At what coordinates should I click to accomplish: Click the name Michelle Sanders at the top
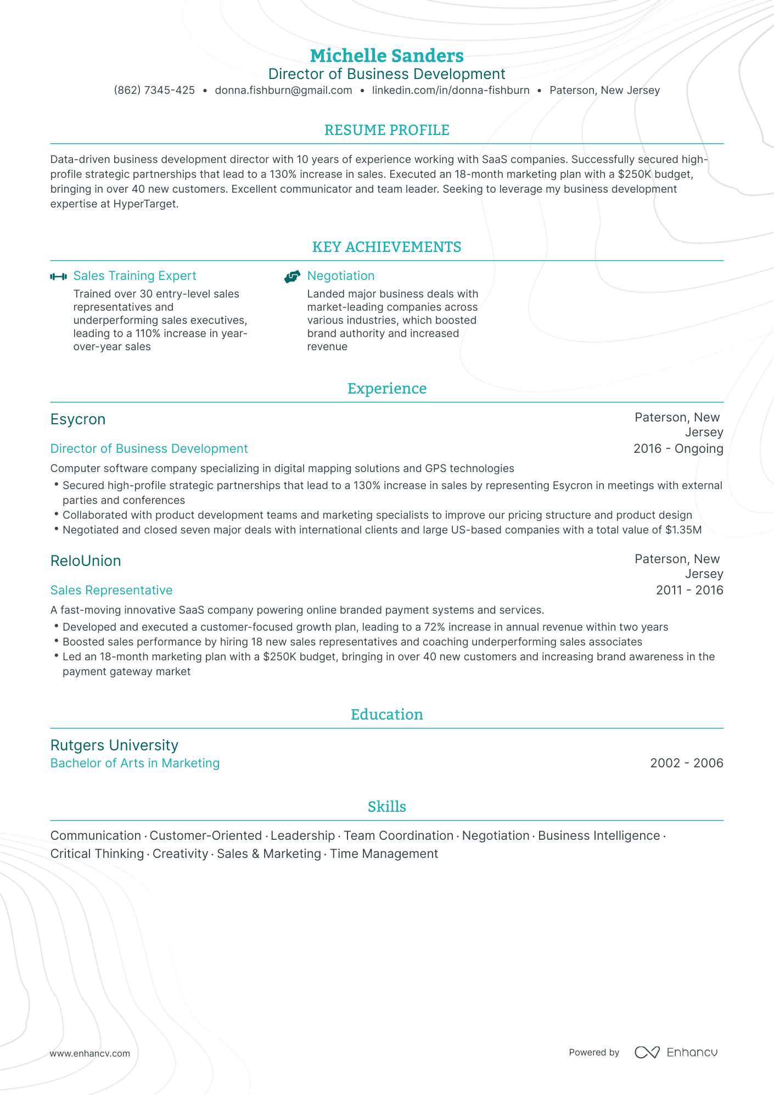coord(386,55)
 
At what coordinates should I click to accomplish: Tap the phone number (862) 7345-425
coord(154,91)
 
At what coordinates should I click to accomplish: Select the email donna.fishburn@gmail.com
coord(283,91)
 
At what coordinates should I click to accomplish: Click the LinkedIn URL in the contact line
coord(451,91)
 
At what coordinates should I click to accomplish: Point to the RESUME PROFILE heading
coord(386,130)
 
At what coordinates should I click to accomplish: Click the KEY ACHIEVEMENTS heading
coord(386,247)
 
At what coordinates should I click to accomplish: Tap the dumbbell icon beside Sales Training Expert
coord(58,277)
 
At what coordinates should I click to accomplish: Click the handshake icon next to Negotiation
coord(292,277)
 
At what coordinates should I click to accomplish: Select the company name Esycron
coord(78,419)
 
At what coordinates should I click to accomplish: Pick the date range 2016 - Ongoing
coord(678,449)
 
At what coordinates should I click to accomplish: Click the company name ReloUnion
coord(86,561)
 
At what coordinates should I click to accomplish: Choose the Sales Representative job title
coord(111,591)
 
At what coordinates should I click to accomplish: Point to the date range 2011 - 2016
coord(689,591)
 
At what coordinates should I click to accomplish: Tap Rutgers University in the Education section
coord(114,745)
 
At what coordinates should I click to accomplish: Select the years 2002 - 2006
coord(687,763)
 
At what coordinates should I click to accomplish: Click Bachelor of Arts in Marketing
coord(135,763)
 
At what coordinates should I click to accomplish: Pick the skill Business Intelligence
coord(599,836)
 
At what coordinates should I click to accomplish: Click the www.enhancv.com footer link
coord(90,1053)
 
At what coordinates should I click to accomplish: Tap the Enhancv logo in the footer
coord(676,1052)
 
